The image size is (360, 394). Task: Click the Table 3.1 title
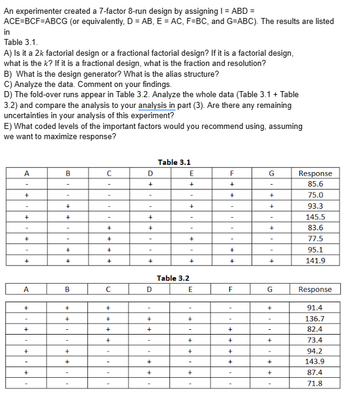(174, 162)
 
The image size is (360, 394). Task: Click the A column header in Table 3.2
(26, 289)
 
